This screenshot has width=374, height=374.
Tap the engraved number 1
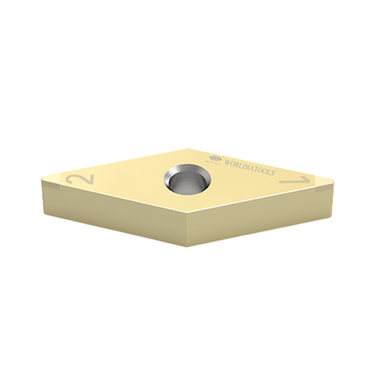pyautogui.click(x=296, y=180)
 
